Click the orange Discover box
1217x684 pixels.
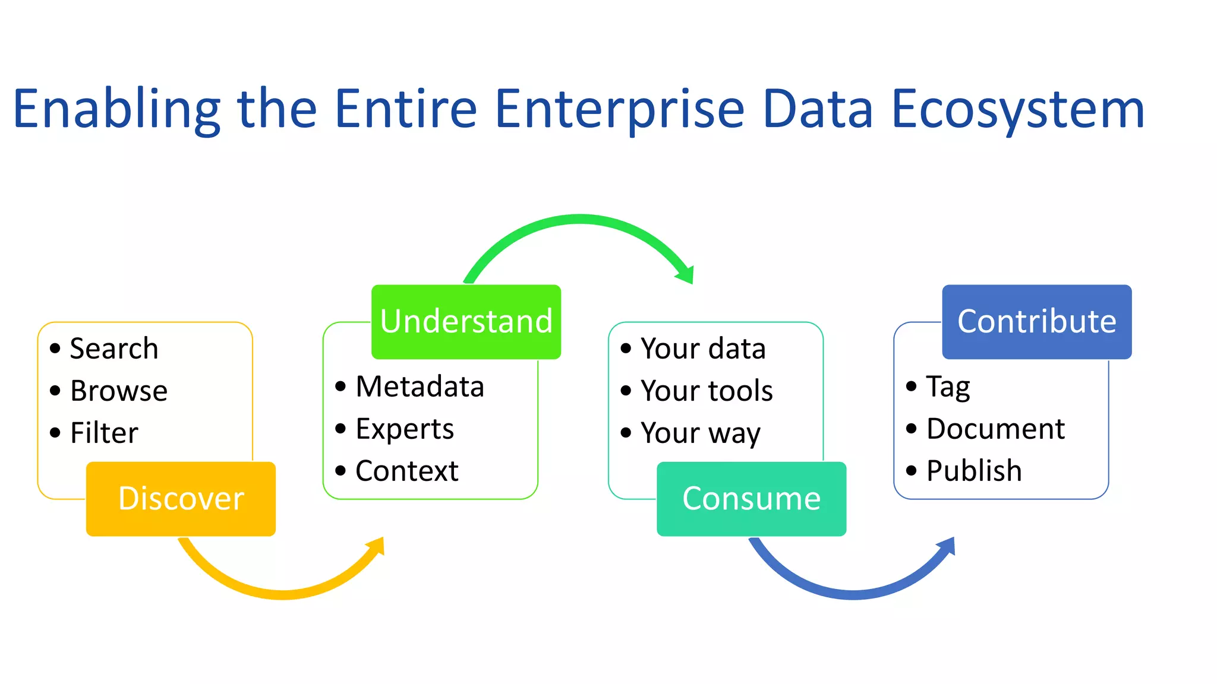tap(181, 499)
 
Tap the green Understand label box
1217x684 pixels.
tap(466, 322)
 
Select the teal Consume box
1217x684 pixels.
tap(751, 499)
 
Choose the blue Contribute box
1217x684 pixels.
tap(1036, 322)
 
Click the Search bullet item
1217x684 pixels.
tap(113, 349)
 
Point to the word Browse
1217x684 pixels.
tap(119, 391)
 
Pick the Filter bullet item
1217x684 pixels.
tap(104, 433)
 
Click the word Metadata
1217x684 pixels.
tap(420, 387)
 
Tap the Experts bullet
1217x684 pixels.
tap(404, 429)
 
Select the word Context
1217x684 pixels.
tap(406, 471)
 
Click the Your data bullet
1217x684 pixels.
tap(702, 349)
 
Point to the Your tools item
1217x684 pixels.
tap(707, 391)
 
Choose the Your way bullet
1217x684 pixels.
tap(700, 433)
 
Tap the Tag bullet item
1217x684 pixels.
tap(948, 387)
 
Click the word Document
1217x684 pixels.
tap(995, 429)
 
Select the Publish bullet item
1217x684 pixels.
tap(974, 471)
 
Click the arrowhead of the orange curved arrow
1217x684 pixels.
tap(376, 547)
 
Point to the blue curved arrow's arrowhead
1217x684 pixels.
tap(947, 547)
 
